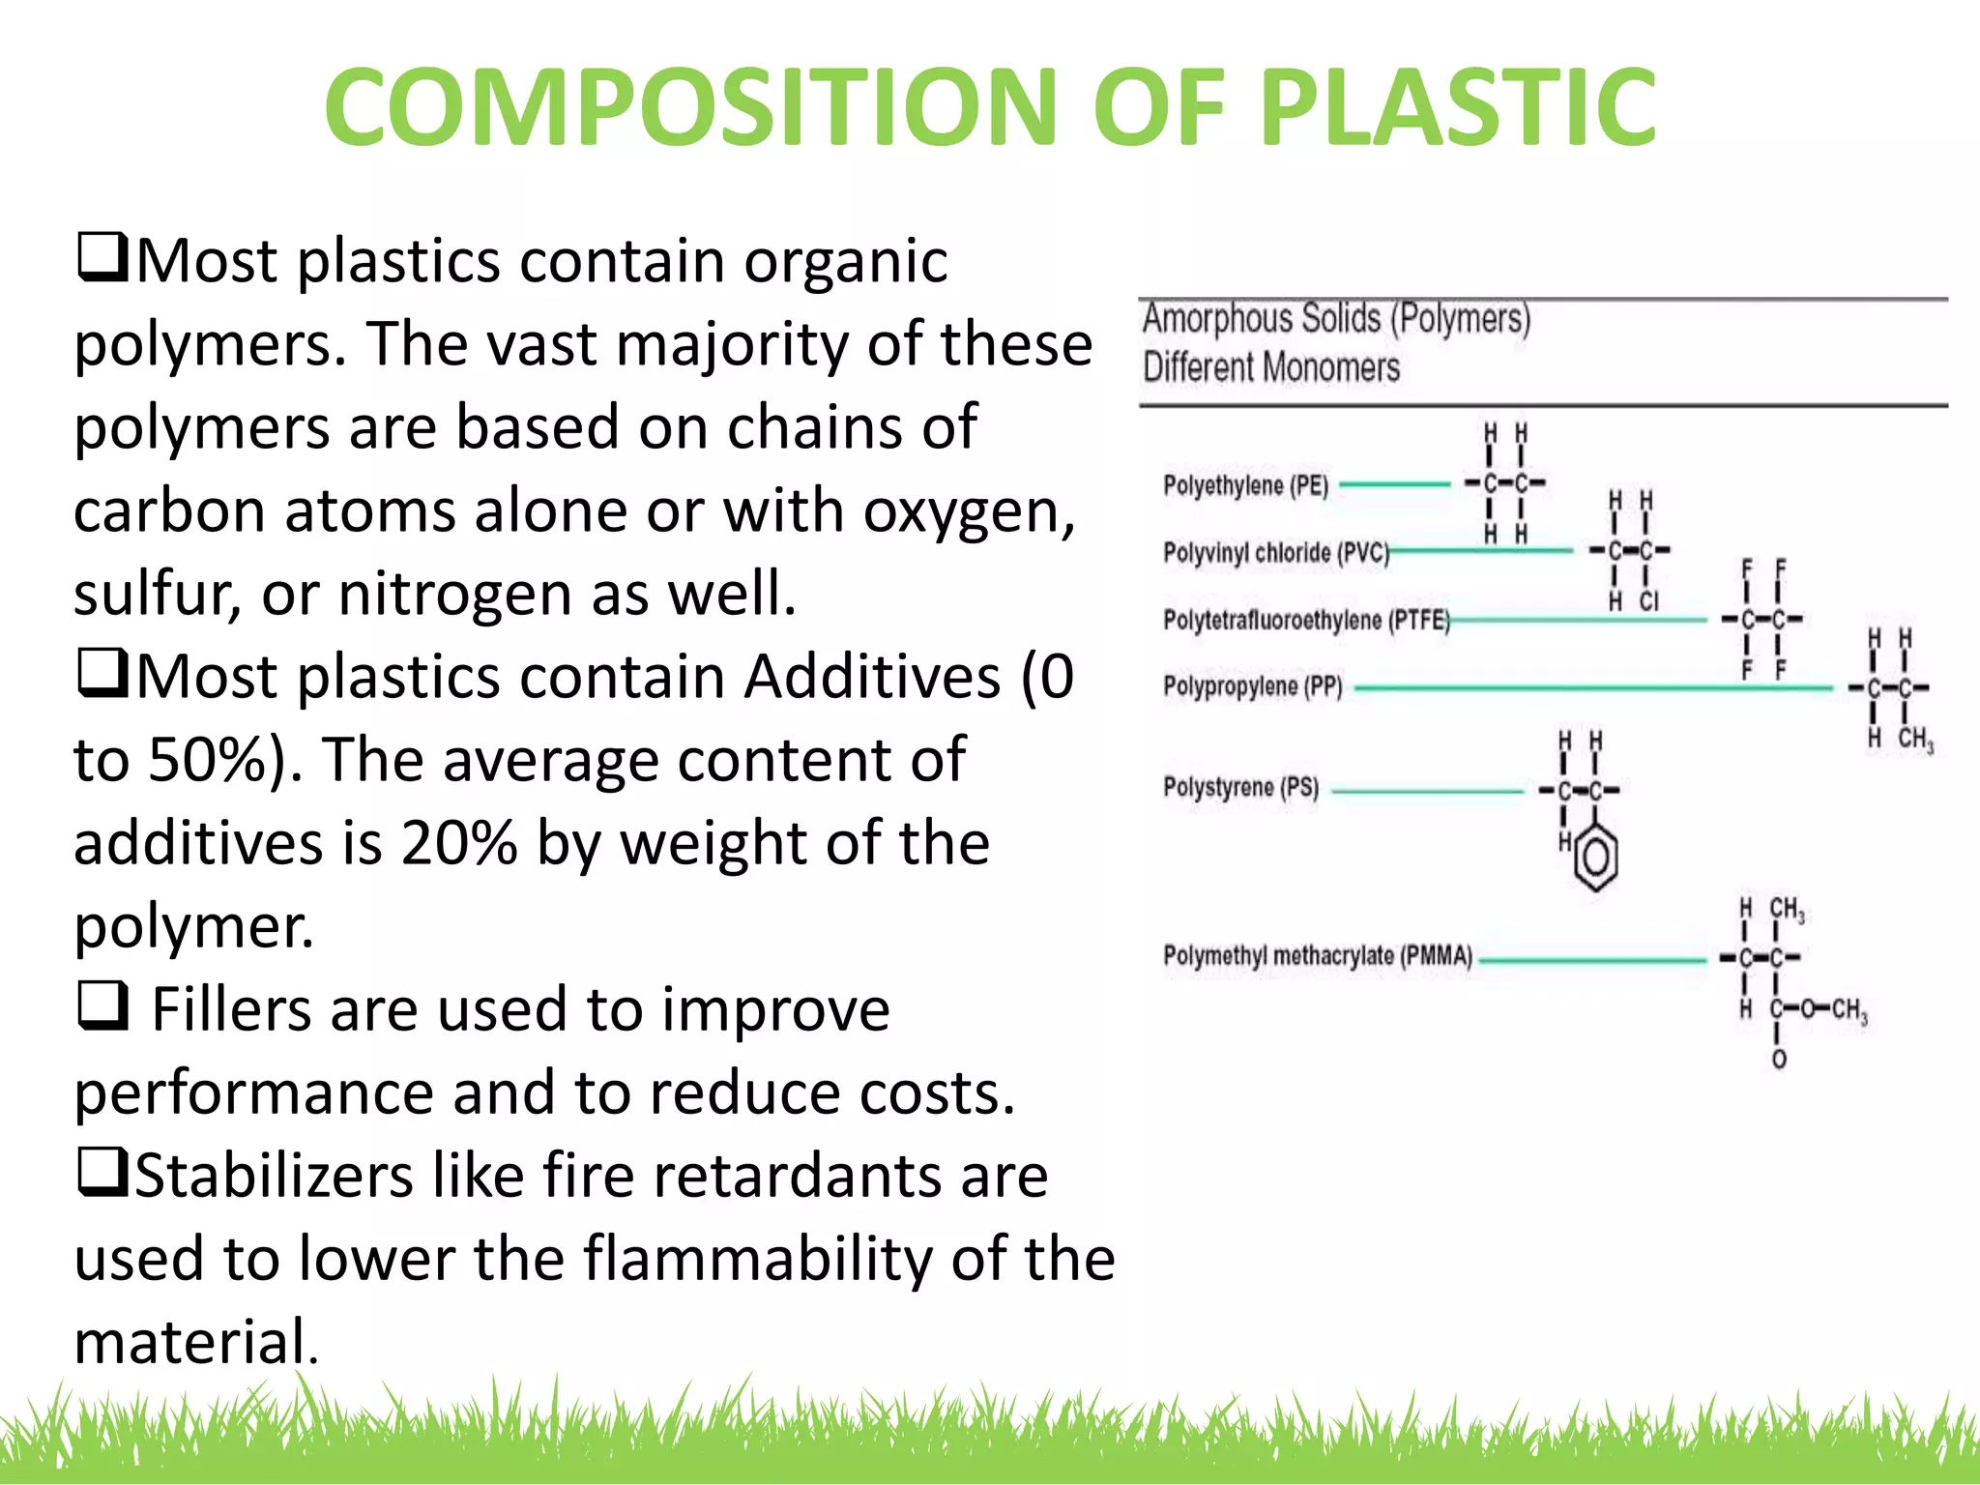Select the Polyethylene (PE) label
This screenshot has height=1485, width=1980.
point(1245,484)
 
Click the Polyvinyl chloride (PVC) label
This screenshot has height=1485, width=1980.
point(1275,552)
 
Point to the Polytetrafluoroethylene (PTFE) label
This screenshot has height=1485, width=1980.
point(1306,620)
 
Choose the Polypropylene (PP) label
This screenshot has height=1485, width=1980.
point(1252,686)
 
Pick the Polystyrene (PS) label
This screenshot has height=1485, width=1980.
point(1240,787)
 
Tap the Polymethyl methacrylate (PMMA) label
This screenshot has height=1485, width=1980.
point(1317,955)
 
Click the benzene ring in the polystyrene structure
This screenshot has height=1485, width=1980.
point(1596,857)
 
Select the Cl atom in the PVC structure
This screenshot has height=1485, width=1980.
point(1648,601)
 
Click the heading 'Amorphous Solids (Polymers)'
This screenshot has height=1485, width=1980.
point(1336,319)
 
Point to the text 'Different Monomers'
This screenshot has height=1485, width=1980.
point(1270,367)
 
